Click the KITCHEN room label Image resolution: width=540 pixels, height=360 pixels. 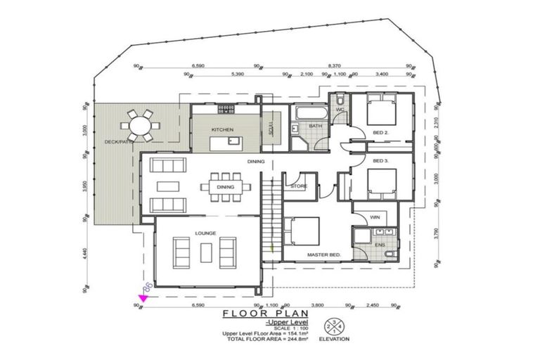pos(222,130)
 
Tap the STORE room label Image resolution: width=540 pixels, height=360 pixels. pos(298,186)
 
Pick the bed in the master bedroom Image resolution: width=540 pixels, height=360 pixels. pos(302,232)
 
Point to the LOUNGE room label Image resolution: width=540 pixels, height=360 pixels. pos(205,233)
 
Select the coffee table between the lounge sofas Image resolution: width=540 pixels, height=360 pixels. pos(206,252)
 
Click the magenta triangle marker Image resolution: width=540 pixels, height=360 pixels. pos(143,299)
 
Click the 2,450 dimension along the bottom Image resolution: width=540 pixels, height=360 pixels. pos(371,305)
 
